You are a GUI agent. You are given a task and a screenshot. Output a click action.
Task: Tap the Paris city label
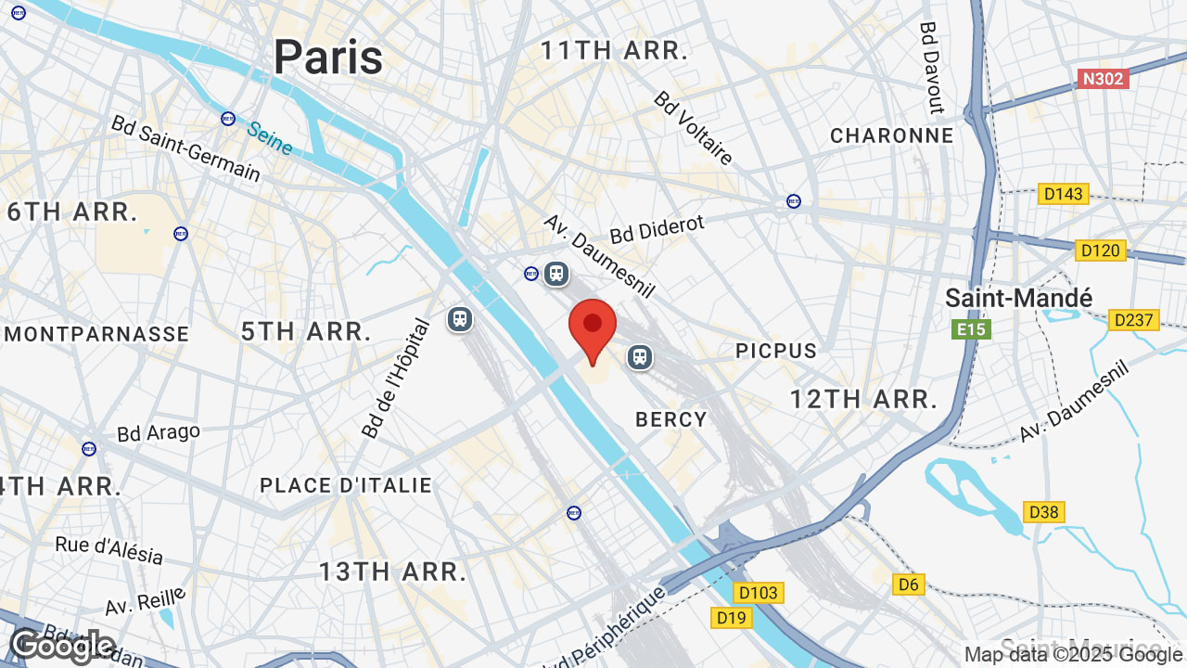click(x=328, y=58)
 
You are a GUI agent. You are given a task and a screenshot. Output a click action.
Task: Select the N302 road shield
click(x=1104, y=79)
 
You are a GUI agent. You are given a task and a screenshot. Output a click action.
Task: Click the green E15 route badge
click(x=971, y=329)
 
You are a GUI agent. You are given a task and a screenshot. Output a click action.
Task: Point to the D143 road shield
click(x=1064, y=194)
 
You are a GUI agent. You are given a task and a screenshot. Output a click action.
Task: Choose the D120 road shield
click(x=1101, y=250)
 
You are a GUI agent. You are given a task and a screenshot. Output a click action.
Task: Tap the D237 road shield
click(x=1133, y=320)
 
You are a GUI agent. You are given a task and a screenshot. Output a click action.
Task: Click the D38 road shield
click(x=1044, y=512)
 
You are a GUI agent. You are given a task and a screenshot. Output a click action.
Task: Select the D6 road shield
click(x=909, y=584)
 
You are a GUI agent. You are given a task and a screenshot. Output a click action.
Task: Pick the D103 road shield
click(x=759, y=592)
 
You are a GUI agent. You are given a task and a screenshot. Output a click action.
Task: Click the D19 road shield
click(x=731, y=617)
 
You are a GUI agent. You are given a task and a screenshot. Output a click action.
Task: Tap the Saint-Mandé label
click(x=1018, y=298)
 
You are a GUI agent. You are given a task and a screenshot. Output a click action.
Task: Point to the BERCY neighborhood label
click(x=671, y=419)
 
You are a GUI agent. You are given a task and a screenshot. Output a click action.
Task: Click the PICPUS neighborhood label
click(x=776, y=351)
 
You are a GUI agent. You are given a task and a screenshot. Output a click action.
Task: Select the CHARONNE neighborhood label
click(x=891, y=135)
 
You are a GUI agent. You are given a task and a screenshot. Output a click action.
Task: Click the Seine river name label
click(x=270, y=137)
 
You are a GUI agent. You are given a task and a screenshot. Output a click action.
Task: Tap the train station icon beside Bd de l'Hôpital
click(x=460, y=319)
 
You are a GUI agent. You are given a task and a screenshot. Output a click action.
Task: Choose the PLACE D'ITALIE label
click(x=346, y=485)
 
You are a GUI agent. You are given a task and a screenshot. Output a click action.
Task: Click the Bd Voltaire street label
click(x=694, y=128)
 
